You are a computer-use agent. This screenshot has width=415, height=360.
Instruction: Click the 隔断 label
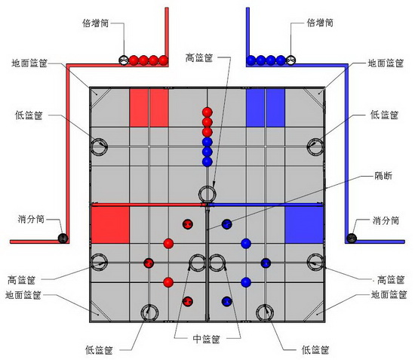tap(383, 176)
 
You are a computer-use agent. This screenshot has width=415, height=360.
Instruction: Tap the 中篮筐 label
tap(206, 339)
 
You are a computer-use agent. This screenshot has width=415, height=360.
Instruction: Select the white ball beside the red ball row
tap(124, 60)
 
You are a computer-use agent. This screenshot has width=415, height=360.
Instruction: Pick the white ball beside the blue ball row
tap(290, 60)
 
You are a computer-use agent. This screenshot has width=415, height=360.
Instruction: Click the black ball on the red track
tap(63, 238)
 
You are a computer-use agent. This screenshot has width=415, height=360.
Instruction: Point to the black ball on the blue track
tap(352, 238)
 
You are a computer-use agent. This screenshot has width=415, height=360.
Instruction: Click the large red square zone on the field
tap(110, 225)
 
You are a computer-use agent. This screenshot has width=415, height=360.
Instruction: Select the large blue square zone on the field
tap(304, 225)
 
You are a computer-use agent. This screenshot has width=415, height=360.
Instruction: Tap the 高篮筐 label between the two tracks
tap(199, 57)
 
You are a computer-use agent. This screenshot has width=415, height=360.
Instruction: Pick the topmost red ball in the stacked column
tap(207, 112)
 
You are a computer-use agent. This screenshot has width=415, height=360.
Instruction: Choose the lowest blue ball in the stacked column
tap(207, 162)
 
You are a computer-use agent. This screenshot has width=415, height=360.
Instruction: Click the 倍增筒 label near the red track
tap(96, 23)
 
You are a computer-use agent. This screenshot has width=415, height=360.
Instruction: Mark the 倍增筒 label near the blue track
tap(320, 23)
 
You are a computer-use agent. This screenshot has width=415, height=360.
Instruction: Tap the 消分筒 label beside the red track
tap(31, 220)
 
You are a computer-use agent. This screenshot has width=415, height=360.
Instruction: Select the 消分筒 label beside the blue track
tap(386, 220)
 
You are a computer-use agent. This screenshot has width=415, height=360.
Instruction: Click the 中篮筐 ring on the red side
tap(198, 255)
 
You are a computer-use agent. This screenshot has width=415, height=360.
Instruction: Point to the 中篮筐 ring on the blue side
tap(217, 255)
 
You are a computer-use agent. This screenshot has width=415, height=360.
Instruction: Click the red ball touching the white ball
tap(134, 60)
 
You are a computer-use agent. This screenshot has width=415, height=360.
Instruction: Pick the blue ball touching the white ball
tap(281, 60)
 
